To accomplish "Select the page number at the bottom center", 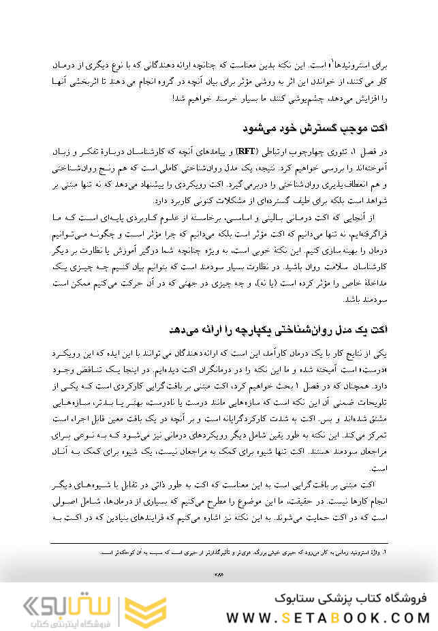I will click(219, 574).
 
